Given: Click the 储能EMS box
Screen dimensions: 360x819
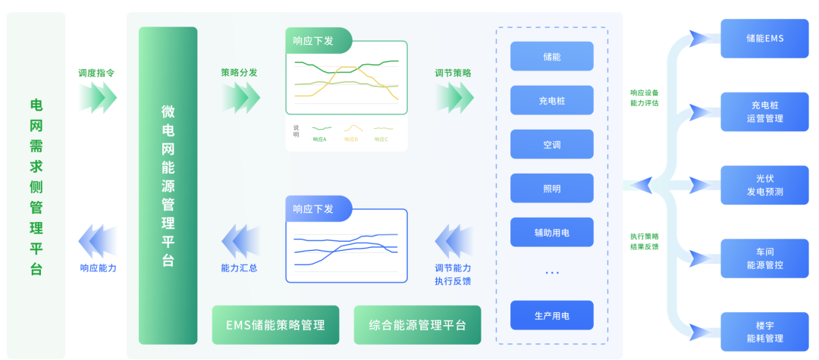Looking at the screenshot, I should [x=764, y=38].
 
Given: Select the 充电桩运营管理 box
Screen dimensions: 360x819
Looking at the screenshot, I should [x=764, y=111].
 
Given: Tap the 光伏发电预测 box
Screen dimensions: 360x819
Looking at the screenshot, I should [x=764, y=185].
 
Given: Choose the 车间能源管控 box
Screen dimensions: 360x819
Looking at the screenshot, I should [x=764, y=258].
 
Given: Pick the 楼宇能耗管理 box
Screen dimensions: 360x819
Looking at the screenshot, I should [x=764, y=332].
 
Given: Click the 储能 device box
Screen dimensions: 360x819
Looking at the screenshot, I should [x=551, y=57].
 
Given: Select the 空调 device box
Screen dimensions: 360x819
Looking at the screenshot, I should [x=551, y=144].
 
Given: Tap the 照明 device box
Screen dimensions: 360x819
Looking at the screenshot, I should [x=551, y=188].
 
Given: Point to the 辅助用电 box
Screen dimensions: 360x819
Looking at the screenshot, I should [x=551, y=232].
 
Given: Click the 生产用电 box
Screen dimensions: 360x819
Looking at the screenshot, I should [x=551, y=315].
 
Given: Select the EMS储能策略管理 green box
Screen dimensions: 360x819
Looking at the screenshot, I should [x=275, y=325].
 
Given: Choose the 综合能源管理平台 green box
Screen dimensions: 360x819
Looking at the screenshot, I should [x=417, y=325].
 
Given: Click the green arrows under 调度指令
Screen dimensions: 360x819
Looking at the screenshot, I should [x=98, y=97].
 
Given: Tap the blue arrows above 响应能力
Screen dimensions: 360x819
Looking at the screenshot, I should [x=98, y=241].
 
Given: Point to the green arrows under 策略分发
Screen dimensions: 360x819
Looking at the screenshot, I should [x=241, y=97].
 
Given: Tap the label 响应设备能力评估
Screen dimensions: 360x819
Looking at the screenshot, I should [x=644, y=98].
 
